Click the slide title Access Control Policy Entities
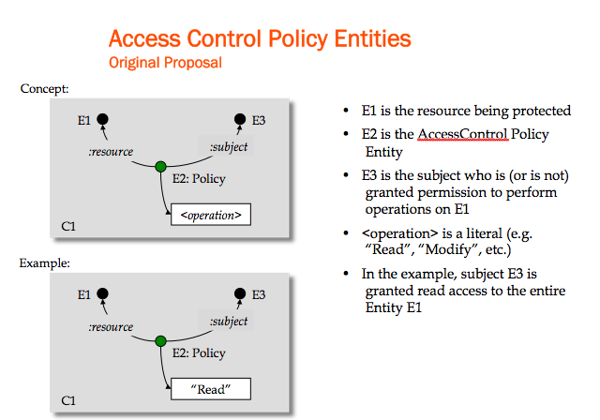point(260,38)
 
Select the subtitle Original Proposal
point(167,63)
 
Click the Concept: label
point(44,89)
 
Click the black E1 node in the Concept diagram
point(103,120)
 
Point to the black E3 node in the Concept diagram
point(241,120)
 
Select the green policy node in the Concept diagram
point(160,167)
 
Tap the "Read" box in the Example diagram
point(211,388)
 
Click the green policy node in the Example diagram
point(160,339)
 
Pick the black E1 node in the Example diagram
point(103,293)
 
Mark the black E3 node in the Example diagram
point(241,293)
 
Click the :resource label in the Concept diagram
point(111,151)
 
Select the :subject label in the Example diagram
point(230,321)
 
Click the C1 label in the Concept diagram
point(68,226)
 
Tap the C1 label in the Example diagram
point(68,399)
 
